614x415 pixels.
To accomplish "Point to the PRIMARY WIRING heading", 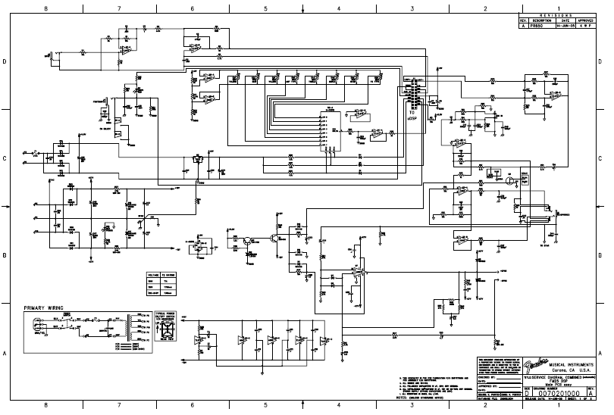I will tap(44, 309).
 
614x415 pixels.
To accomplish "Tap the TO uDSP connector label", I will tap(412, 117).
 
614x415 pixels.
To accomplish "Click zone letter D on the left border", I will tap(5, 61).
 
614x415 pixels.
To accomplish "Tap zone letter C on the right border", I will tap(609, 158).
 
